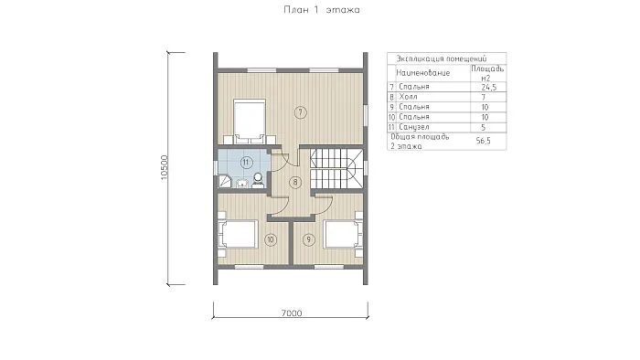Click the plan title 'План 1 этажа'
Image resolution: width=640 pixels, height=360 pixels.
click(322, 10)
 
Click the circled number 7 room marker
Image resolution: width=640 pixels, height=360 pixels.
click(301, 112)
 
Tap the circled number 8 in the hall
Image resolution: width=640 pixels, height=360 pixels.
click(295, 182)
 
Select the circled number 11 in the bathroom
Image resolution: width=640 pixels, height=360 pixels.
click(246, 163)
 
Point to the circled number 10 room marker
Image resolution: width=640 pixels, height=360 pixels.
click(271, 239)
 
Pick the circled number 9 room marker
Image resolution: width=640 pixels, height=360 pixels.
click(309, 239)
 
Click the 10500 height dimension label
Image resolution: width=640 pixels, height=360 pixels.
click(164, 167)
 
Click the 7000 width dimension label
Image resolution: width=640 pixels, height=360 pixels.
click(292, 313)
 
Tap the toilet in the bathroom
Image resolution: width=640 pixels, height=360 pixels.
click(258, 180)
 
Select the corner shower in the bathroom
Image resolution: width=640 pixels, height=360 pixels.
click(225, 181)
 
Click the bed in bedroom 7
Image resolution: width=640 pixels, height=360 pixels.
click(249, 122)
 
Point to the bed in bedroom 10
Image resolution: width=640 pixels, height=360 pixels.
click(238, 234)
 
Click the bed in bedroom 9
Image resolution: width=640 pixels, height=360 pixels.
click(343, 234)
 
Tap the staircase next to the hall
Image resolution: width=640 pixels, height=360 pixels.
click(336, 169)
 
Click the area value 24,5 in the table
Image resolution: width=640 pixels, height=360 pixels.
click(488, 87)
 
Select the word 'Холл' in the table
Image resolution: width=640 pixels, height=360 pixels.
click(408, 97)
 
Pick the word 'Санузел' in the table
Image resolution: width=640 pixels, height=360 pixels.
click(414, 127)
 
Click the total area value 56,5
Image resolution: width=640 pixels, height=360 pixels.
click(484, 141)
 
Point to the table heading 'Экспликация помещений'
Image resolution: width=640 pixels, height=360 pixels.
click(442, 58)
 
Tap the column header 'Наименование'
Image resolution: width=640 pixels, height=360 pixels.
click(422, 73)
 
